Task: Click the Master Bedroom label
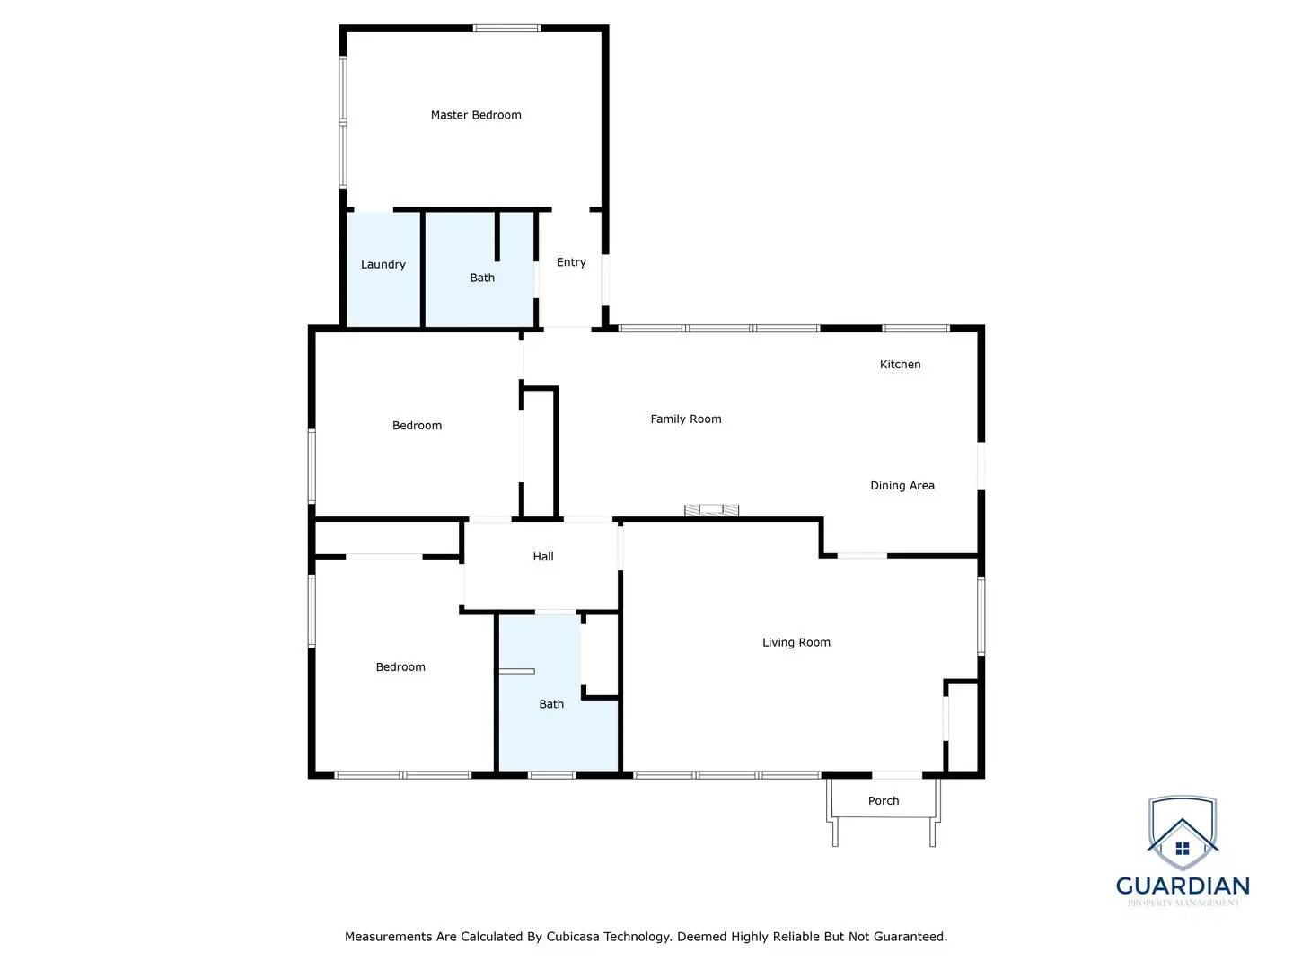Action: [x=476, y=115]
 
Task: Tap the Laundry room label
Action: [x=383, y=264]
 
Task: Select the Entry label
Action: [x=571, y=262]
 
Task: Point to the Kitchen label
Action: [x=900, y=364]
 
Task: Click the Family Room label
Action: [x=686, y=419]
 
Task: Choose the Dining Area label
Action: [x=902, y=485]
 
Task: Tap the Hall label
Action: [x=543, y=557]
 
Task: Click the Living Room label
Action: [x=796, y=642]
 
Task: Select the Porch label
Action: [x=884, y=800]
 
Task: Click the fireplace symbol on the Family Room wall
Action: [x=712, y=511]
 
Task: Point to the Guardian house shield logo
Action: [x=1183, y=834]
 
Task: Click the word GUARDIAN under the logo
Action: [x=1183, y=886]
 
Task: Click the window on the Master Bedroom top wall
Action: [x=507, y=29]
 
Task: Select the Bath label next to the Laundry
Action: [x=482, y=278]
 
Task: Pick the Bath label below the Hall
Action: [x=551, y=704]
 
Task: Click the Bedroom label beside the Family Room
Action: [x=418, y=426]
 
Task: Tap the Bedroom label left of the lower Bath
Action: [x=400, y=666]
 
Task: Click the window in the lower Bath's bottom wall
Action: [x=551, y=774]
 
